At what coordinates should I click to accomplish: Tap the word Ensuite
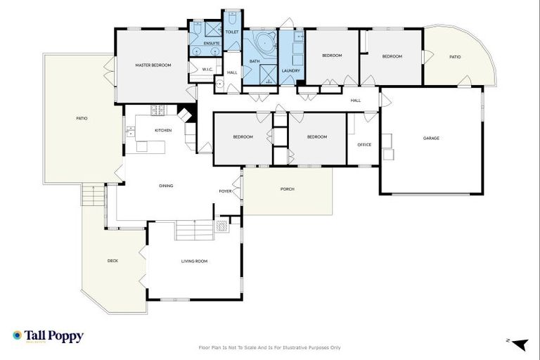click(x=212, y=44)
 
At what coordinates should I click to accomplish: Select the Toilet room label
click(x=232, y=32)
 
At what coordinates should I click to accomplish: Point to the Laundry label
click(x=290, y=70)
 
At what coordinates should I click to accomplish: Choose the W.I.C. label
click(x=207, y=70)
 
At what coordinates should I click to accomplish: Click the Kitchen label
click(x=163, y=130)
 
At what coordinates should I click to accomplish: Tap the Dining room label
click(x=166, y=186)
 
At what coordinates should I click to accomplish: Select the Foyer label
click(x=225, y=191)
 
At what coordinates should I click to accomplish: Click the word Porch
click(x=287, y=189)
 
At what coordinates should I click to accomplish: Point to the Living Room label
click(x=194, y=261)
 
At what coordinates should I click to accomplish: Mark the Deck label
click(x=112, y=261)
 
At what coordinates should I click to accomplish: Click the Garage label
click(x=431, y=138)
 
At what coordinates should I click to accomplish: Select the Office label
click(x=364, y=144)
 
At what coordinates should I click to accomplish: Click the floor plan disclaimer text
click(x=270, y=347)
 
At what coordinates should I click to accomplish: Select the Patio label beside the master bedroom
click(x=82, y=118)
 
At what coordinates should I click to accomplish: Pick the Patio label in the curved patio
click(x=455, y=56)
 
